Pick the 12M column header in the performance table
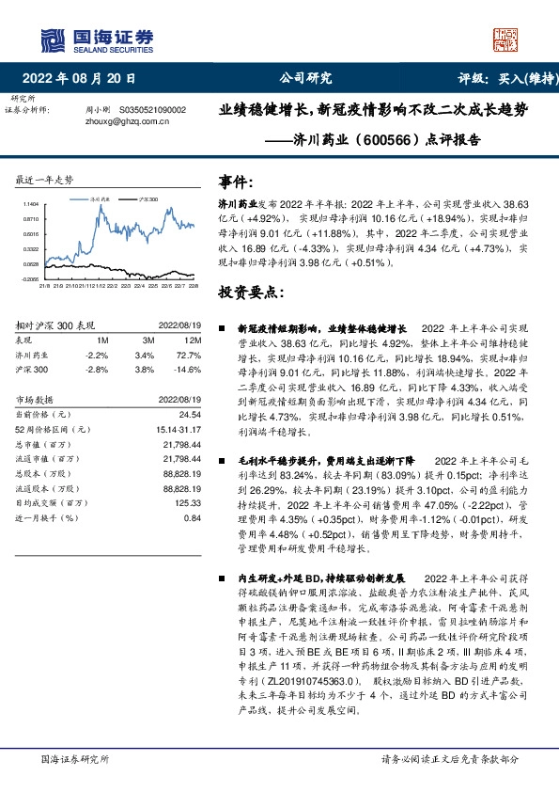coord(193,340)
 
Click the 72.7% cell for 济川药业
coord(191,356)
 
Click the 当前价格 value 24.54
coord(190,414)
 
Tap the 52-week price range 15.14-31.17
coord(181,430)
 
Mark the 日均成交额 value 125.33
coord(189,503)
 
